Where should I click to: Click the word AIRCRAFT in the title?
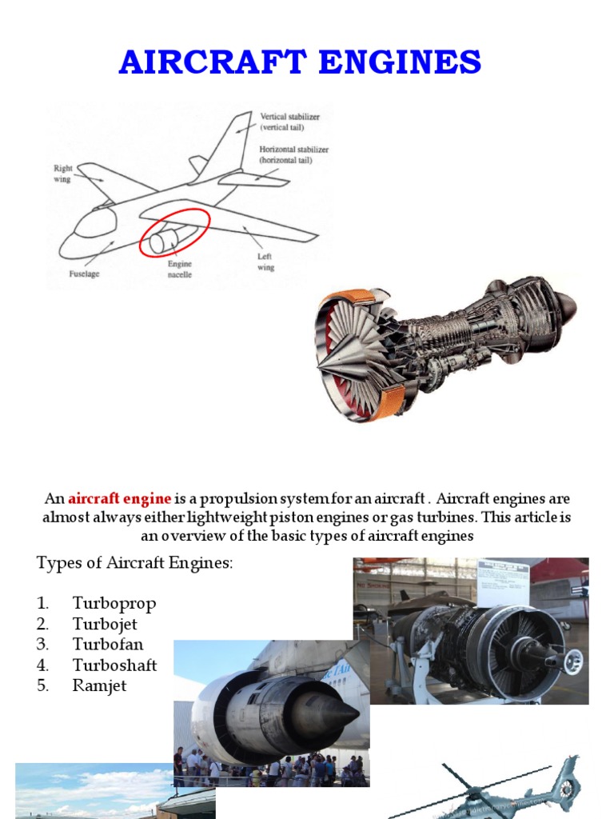tap(205, 62)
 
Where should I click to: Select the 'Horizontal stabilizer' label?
tap(293, 154)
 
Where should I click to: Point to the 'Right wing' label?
tap(62, 174)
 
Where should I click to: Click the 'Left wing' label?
tap(265, 262)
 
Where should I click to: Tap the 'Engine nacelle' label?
tap(179, 269)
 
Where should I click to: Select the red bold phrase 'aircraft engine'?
tap(119, 499)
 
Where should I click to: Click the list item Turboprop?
tap(114, 603)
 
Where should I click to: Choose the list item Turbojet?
tap(107, 624)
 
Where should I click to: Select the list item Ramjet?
tap(99, 686)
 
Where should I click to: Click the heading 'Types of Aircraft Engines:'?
tap(134, 563)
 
